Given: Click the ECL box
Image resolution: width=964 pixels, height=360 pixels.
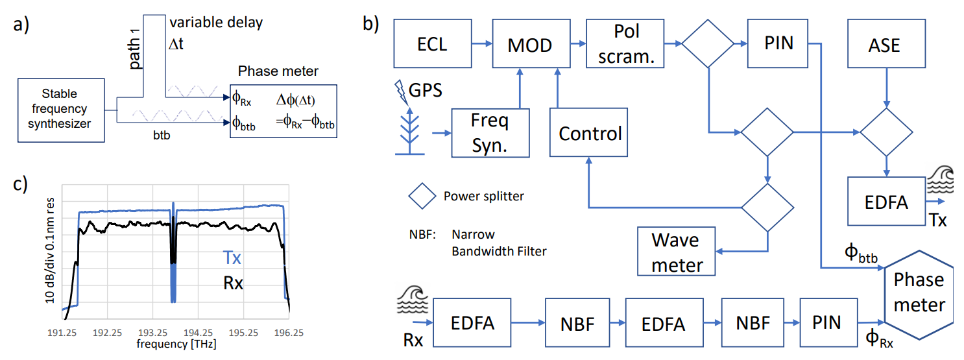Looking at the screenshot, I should pos(432,44).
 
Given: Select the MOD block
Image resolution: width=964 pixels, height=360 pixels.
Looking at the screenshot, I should pos(530,44).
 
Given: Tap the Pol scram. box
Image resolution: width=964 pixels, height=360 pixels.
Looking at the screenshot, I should pos(625,44).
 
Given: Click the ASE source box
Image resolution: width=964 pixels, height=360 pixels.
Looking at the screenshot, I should pos(887,44).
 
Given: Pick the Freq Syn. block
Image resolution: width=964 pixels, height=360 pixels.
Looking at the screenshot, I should pos(490,133).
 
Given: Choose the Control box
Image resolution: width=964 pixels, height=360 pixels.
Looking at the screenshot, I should pos(588,133).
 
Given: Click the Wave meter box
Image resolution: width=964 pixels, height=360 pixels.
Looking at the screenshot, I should pos(676,252).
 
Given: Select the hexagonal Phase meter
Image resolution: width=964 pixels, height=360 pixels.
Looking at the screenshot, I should pos(919,293).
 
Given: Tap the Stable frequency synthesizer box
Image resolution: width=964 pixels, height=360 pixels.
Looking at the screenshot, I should pos(61,110).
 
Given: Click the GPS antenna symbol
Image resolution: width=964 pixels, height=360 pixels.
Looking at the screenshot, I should pos(409,130).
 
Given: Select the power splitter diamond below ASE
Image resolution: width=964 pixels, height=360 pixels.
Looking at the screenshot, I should pos(886,132).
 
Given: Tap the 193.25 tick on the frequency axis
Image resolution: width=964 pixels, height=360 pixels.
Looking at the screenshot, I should pos(152,331).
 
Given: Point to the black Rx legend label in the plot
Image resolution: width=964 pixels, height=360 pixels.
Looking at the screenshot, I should pos(232,283).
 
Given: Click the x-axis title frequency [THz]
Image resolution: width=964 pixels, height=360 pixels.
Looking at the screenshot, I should pos(176,343).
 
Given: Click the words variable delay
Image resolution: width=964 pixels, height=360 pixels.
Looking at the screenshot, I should pos(216,23).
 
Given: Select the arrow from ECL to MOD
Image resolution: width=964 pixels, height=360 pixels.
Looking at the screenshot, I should pos(481,44).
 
